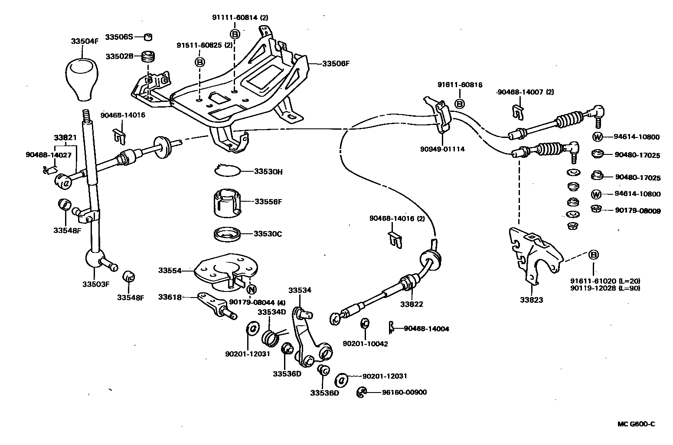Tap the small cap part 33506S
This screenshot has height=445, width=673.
pyautogui.click(x=148, y=37)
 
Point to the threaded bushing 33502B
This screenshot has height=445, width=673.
pyautogui.click(x=149, y=57)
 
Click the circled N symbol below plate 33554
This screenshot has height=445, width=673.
pyautogui.click(x=251, y=290)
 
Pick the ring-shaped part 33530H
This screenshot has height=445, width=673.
pyautogui.click(x=227, y=171)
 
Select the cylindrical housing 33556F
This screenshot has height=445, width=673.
pyautogui.click(x=227, y=202)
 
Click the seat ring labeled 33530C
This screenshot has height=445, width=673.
pyautogui.click(x=228, y=234)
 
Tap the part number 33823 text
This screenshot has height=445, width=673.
pyautogui.click(x=531, y=300)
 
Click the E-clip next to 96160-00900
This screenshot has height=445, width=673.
pyautogui.click(x=361, y=393)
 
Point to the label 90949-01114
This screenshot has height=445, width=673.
pyautogui.click(x=442, y=149)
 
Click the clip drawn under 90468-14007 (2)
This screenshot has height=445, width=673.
pyautogui.click(x=517, y=112)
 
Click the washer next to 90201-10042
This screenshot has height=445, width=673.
pyautogui.click(x=365, y=323)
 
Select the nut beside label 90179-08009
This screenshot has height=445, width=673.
pyautogui.click(x=596, y=209)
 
